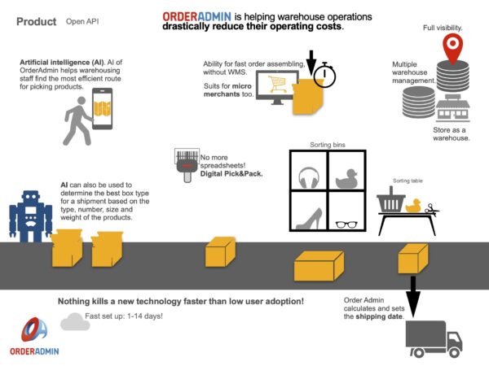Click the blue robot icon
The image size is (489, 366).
coord(30,216)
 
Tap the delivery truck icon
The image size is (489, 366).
coord(434,338)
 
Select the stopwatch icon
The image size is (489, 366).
coord(325,74)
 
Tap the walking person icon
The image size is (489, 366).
coord(78,120)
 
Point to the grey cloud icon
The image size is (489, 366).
coord(75,321)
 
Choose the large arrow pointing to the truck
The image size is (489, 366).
coord(413,295)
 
